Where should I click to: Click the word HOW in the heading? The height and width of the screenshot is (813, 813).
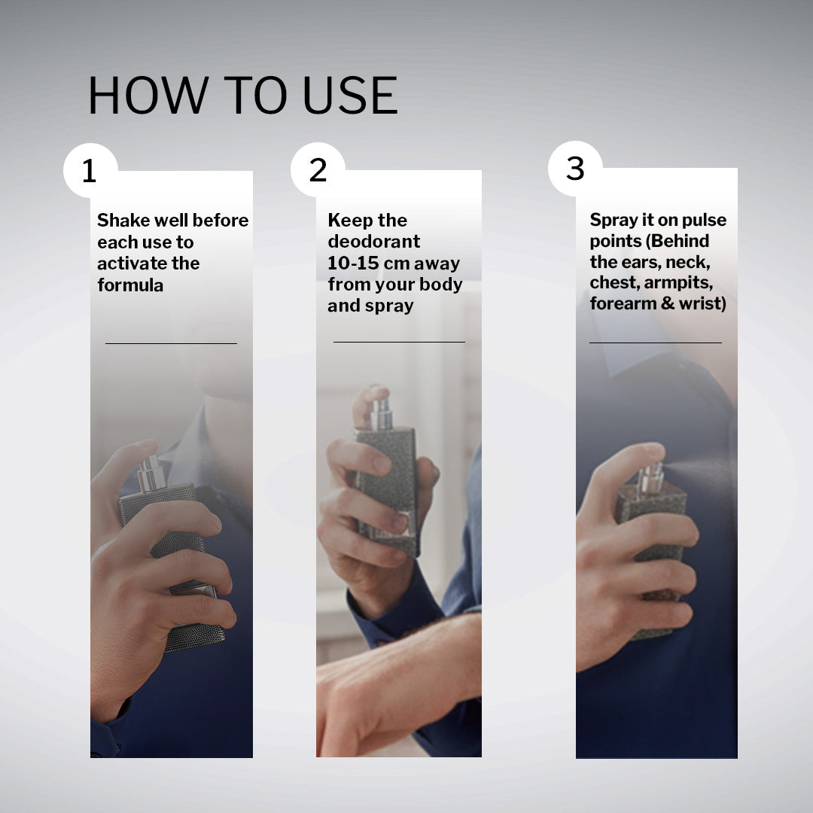click(x=148, y=95)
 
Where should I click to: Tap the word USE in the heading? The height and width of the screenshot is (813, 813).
click(x=350, y=95)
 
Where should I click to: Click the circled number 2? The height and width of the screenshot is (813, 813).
click(x=318, y=169)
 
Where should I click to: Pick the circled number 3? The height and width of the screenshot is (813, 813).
click(x=575, y=168)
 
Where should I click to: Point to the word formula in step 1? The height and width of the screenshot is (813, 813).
click(x=130, y=285)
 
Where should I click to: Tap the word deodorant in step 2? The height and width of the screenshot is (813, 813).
click(x=374, y=242)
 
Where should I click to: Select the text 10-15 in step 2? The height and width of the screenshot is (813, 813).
click(x=353, y=263)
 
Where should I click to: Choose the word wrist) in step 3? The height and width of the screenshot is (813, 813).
click(x=702, y=303)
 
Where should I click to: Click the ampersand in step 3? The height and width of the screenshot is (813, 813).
click(x=667, y=303)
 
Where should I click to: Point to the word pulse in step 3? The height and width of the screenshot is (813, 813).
click(x=704, y=221)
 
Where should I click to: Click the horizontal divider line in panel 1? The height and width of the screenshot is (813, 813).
click(x=171, y=343)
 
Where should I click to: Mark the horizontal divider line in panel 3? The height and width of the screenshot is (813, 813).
click(x=656, y=343)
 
